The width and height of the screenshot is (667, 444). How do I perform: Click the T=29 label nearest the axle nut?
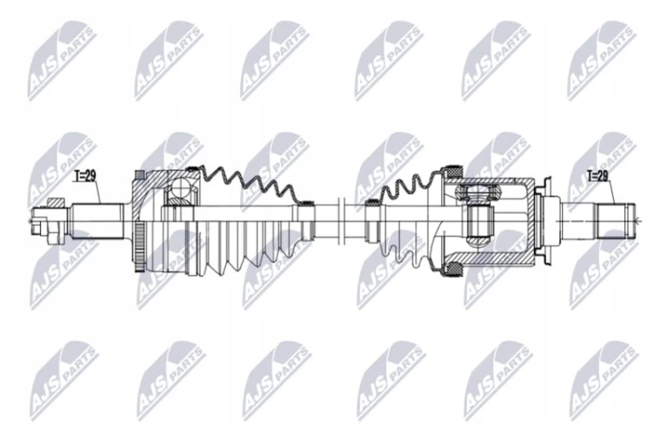point(84,176)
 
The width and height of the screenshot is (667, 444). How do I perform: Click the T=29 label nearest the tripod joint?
point(598,176)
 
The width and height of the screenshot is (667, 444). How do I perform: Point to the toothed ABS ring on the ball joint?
point(140,246)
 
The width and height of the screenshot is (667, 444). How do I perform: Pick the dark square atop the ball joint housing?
point(138,175)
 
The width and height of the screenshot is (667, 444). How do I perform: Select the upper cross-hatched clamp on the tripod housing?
point(454,171)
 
